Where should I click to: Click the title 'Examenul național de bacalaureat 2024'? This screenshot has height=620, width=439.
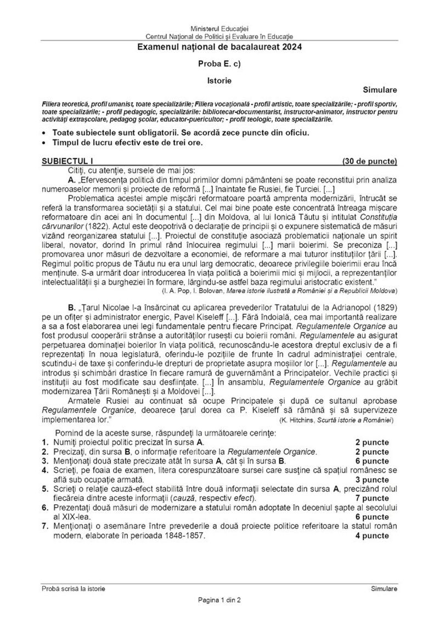(219, 48)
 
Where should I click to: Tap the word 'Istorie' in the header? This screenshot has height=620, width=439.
(219, 80)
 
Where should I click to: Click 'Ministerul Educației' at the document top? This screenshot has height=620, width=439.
(219, 27)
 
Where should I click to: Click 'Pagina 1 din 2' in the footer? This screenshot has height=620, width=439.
(219, 600)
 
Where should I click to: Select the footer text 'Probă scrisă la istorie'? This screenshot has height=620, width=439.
(74, 588)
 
